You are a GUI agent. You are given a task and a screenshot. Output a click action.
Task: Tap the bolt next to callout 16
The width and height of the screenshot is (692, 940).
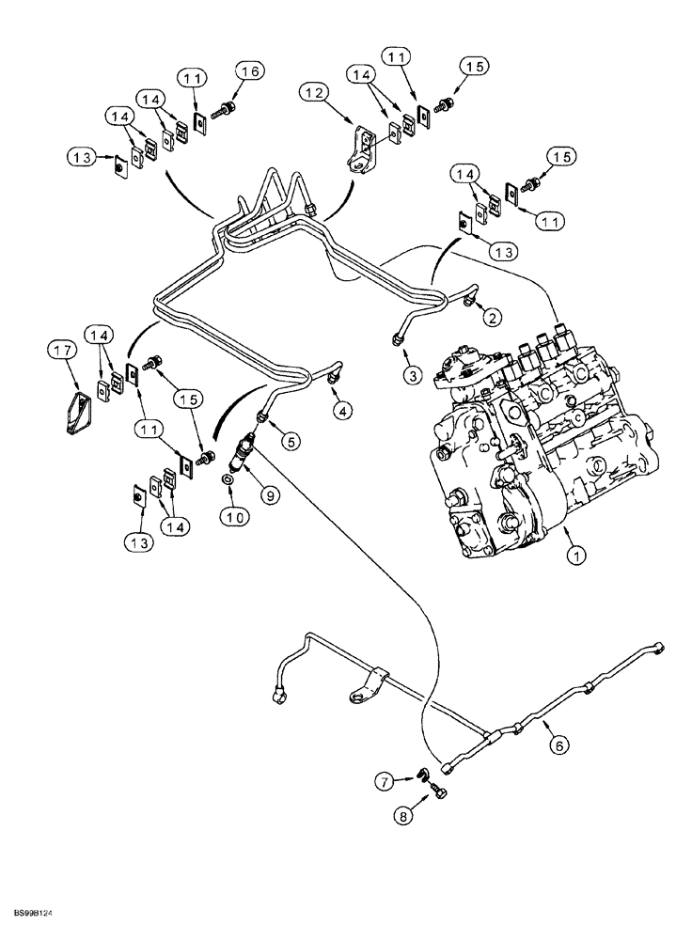click(x=225, y=112)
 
